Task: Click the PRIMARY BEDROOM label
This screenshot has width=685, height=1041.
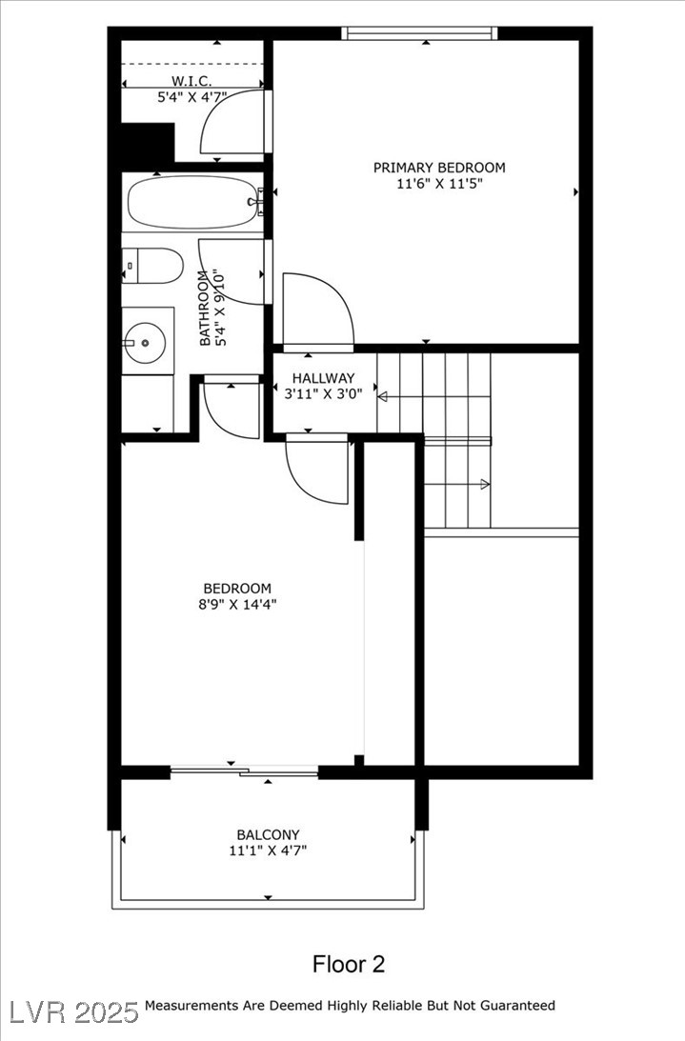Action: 438,168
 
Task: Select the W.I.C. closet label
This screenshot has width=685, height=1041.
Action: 191,80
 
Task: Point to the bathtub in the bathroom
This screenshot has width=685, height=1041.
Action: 193,202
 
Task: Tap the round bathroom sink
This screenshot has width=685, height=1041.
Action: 146,339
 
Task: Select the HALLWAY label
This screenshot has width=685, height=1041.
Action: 323,378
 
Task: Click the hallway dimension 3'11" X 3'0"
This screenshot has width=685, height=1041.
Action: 323,395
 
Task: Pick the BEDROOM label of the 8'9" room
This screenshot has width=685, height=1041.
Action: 237,589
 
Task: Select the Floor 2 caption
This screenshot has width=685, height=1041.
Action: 349,964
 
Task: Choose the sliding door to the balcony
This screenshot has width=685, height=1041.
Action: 244,770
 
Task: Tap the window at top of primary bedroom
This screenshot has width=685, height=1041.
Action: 420,33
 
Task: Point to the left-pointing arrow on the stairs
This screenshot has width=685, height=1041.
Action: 383,396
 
